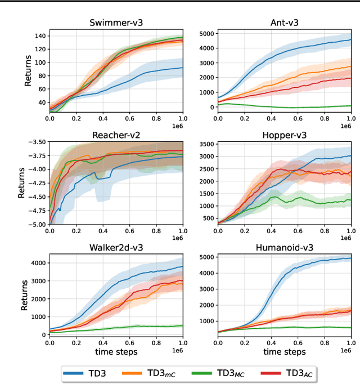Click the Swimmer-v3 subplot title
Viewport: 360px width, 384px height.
click(116, 23)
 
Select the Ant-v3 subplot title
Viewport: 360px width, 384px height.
click(276, 23)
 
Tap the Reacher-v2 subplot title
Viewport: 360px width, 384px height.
click(116, 135)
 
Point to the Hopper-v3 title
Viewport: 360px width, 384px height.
click(276, 135)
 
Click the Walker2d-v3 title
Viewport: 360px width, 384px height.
click(116, 247)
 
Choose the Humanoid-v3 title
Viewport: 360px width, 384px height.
click(276, 247)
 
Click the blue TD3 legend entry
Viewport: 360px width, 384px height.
click(90, 372)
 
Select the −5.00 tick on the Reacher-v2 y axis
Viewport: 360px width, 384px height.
click(36, 224)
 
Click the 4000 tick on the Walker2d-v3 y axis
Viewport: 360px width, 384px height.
click(37, 263)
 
